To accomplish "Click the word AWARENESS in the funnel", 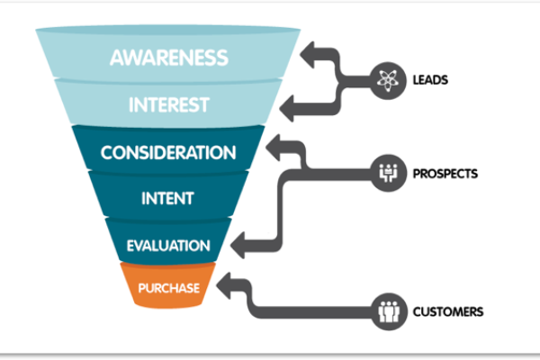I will [168, 58].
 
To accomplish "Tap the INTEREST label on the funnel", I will [168, 103].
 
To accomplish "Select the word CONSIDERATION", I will [168, 153].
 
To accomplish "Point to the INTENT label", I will [168, 197].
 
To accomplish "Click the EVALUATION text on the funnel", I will [168, 245].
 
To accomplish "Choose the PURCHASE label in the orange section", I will [168, 289].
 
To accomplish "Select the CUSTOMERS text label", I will [448, 312].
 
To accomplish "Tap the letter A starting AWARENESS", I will [118, 58].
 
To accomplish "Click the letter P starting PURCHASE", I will [141, 289].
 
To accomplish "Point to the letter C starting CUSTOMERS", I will [417, 312].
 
